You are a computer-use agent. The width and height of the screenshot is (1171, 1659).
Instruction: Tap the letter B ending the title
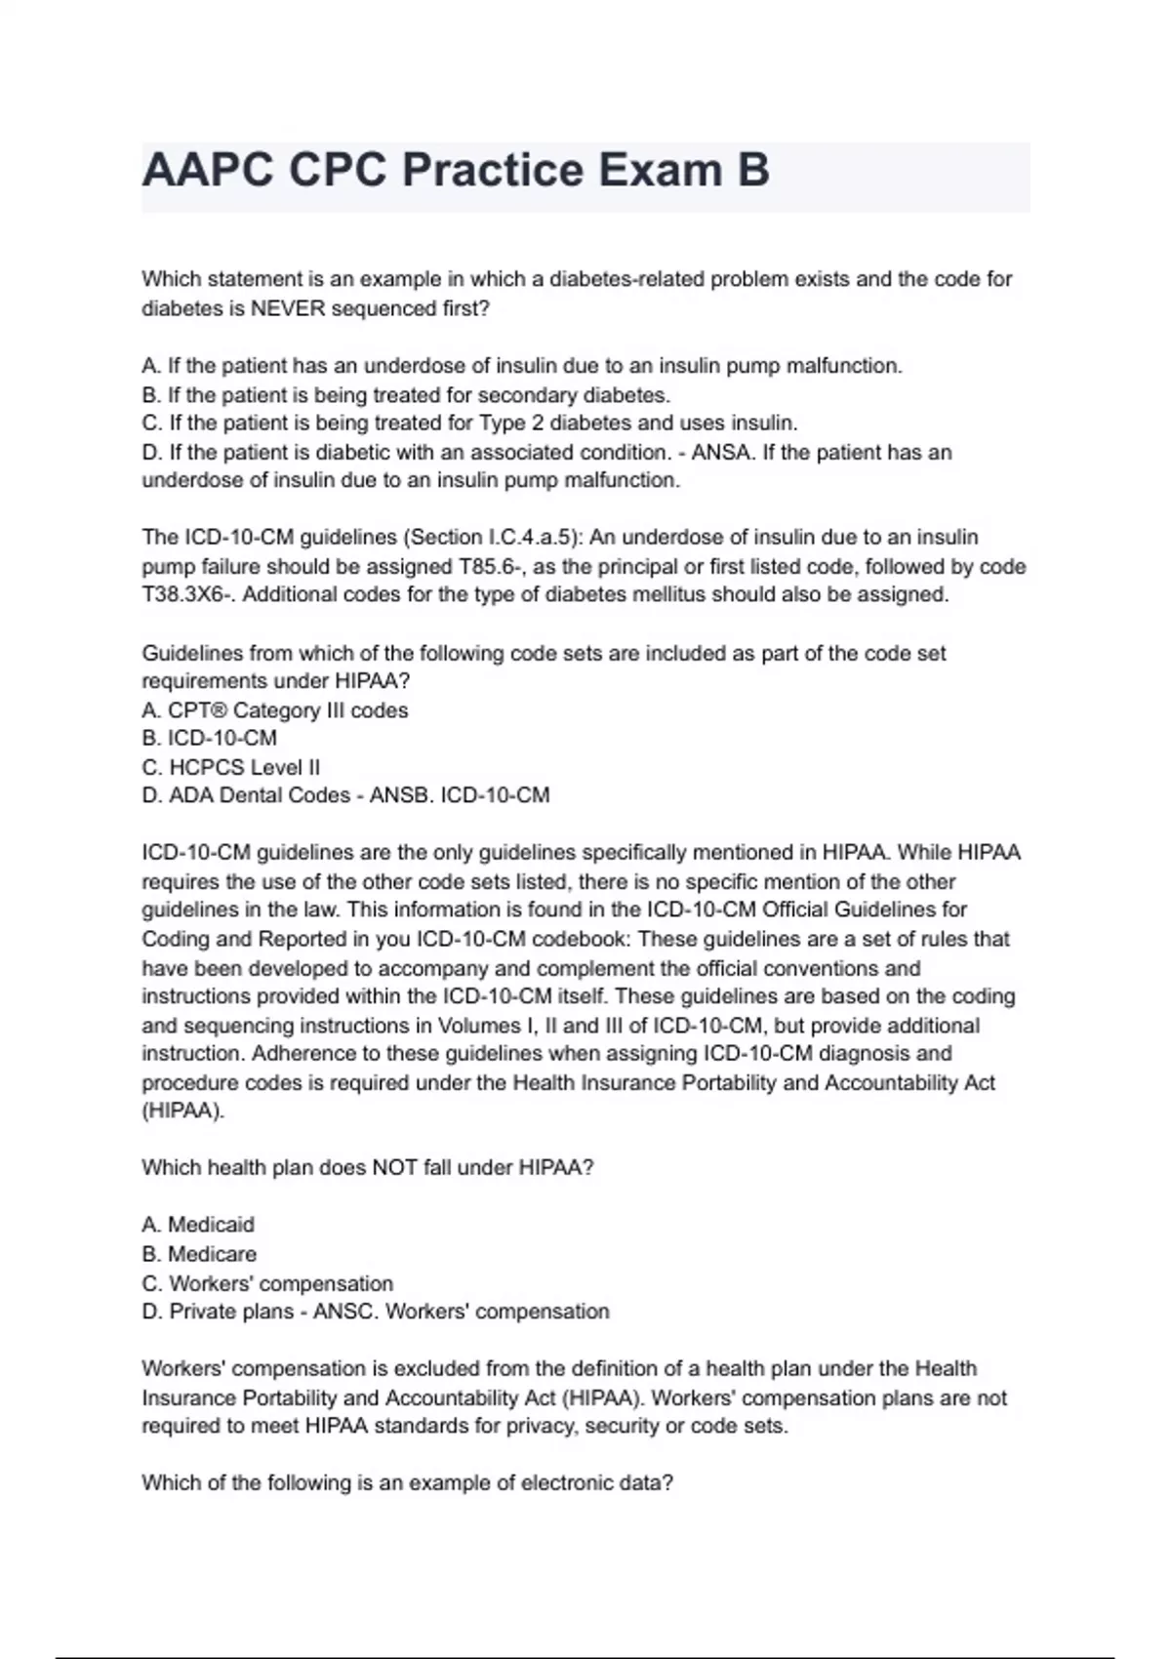(752, 171)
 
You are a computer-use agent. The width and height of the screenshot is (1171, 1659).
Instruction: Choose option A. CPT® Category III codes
(275, 709)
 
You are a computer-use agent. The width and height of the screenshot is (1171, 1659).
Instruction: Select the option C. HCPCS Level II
(231, 767)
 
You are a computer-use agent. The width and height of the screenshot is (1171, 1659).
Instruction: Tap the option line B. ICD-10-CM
(210, 738)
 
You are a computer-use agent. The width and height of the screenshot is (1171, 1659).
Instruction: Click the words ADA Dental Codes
(260, 795)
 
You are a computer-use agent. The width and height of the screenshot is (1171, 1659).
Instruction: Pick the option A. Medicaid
(198, 1224)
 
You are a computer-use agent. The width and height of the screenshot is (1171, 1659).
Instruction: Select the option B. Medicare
(199, 1253)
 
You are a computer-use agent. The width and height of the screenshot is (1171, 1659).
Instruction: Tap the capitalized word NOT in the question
(395, 1167)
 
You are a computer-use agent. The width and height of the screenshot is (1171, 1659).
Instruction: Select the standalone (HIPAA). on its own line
(183, 1111)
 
